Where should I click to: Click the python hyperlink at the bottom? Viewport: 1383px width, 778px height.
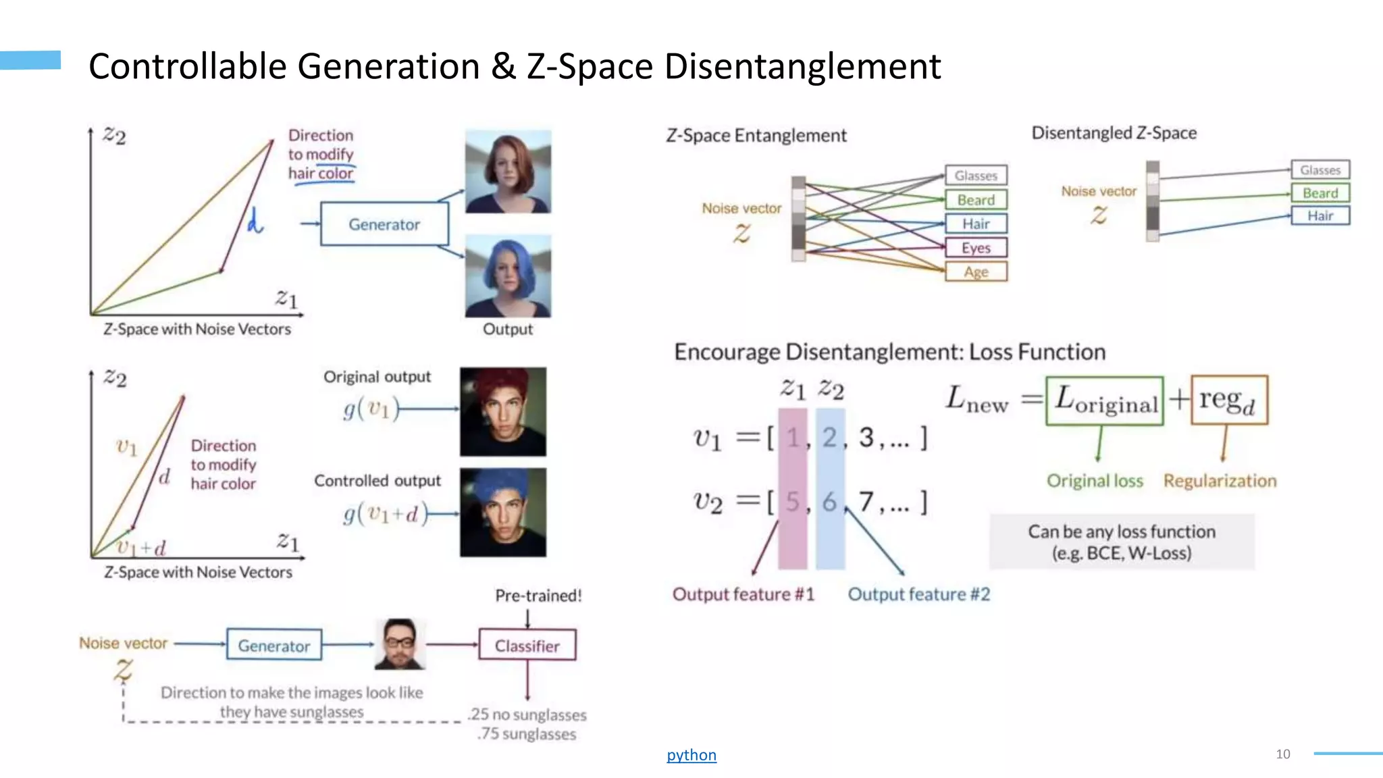click(691, 755)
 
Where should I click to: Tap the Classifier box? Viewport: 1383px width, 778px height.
click(527, 645)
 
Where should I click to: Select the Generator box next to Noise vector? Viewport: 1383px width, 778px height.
click(273, 645)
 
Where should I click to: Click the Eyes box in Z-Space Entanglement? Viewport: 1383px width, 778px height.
click(976, 248)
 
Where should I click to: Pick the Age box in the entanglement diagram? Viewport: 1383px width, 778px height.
click(976, 271)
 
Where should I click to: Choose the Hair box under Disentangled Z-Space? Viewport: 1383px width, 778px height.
click(1320, 215)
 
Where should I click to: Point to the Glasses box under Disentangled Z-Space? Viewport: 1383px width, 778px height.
click(1320, 170)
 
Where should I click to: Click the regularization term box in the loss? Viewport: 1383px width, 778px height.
click(1229, 400)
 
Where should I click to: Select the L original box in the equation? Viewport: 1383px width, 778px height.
click(1105, 401)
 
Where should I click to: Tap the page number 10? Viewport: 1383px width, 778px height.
click(1283, 754)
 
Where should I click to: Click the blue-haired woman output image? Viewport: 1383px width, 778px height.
click(508, 277)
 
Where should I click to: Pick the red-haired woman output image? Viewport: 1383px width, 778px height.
click(508, 172)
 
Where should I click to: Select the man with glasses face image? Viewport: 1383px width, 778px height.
click(400, 644)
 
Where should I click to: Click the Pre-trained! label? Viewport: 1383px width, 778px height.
click(538, 596)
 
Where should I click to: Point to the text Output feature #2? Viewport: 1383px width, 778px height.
click(919, 594)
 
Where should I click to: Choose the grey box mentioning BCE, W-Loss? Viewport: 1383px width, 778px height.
click(1122, 542)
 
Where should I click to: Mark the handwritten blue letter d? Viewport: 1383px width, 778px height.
click(255, 221)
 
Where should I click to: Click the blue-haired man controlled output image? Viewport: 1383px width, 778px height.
click(503, 513)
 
